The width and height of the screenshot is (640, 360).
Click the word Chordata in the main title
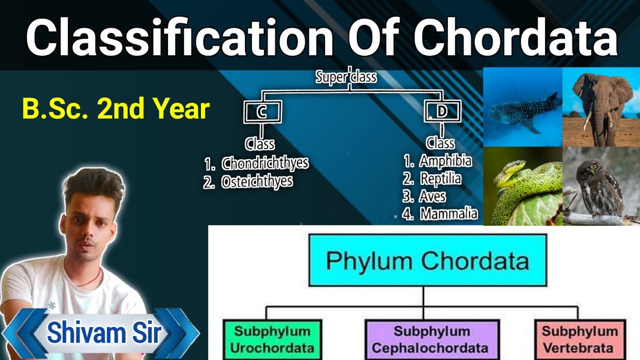[x=515, y=37]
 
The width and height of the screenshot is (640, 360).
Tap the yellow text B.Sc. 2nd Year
[x=115, y=109]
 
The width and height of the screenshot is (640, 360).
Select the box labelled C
[x=262, y=112]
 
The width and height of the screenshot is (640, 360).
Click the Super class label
[x=346, y=77]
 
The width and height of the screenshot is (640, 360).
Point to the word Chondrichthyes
[x=265, y=163]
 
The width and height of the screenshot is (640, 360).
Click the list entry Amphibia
[x=445, y=161]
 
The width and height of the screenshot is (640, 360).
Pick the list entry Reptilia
[x=440, y=179]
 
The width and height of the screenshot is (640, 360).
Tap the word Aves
[x=433, y=196]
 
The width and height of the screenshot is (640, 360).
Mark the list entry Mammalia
[x=448, y=214]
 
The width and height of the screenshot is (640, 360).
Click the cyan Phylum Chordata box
[x=427, y=260]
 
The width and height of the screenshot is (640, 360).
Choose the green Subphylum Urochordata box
[x=272, y=339]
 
